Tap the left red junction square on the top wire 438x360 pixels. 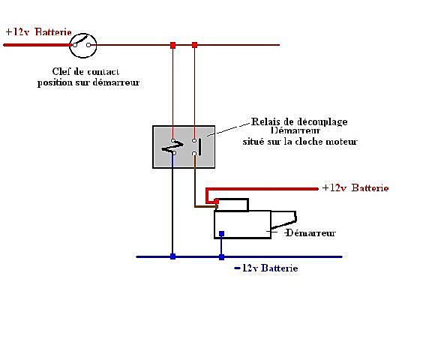(173, 45)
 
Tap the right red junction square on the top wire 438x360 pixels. (195, 45)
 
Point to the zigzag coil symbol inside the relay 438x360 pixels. (172, 148)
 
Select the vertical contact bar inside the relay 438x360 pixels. (200, 147)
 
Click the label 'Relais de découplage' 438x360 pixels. (299, 121)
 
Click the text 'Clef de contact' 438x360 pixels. (85, 71)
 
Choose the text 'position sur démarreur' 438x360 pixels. (88, 82)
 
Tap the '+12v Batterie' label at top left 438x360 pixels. (38, 32)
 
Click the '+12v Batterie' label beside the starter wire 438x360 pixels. (355, 187)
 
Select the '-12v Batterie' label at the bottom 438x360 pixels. (266, 268)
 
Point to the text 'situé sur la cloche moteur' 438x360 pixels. (300, 141)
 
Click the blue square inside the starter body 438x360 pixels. (221, 234)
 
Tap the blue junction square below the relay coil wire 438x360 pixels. (173, 256)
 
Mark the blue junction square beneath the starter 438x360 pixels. (221, 256)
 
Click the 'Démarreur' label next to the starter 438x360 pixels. (310, 232)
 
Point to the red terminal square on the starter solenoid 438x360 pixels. (216, 201)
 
